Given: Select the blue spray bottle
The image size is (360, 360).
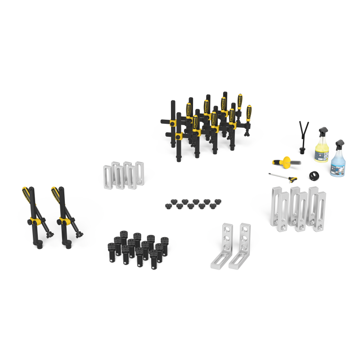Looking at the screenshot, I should tap(338, 162).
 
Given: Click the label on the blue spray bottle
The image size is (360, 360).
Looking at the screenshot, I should tap(337, 167).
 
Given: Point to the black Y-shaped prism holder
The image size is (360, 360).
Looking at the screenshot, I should tap(303, 135).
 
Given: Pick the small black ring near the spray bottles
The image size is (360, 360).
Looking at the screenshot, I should tap(313, 175).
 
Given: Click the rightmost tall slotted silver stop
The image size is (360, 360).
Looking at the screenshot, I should tap(318, 208).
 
